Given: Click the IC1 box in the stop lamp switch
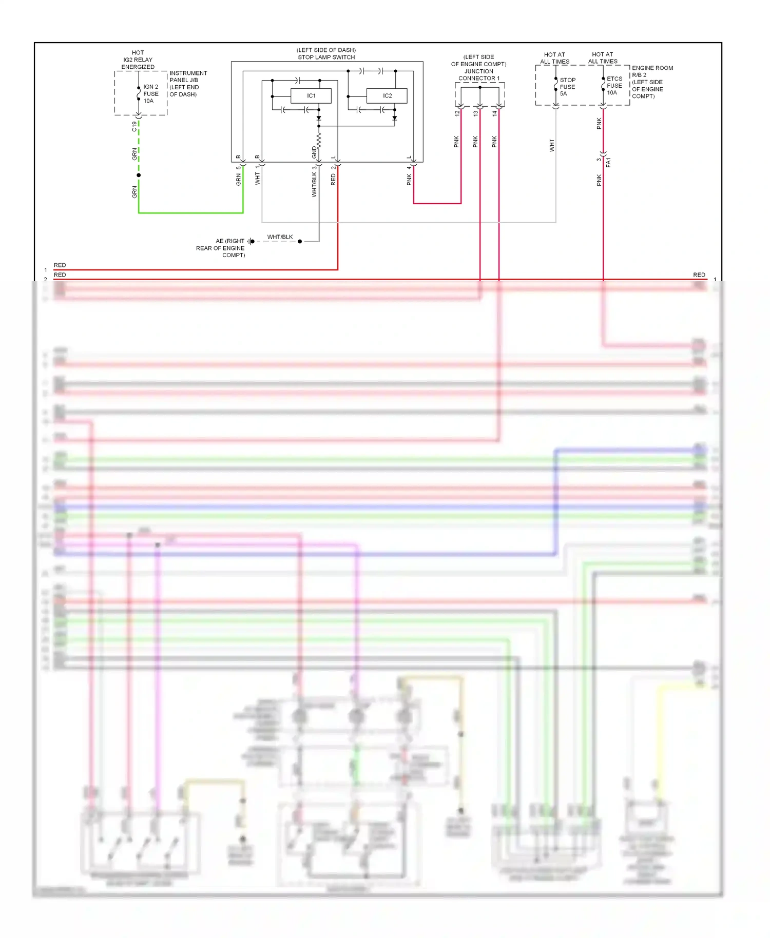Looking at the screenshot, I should (x=311, y=96).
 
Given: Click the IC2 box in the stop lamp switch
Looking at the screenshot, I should (x=387, y=96).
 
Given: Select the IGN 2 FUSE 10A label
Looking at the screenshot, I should (x=151, y=94).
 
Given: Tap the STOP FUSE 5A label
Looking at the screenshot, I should (x=567, y=87).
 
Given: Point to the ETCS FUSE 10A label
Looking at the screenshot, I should (x=614, y=86).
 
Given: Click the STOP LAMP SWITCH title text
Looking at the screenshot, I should (x=326, y=57).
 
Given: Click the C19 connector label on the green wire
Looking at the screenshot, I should (x=134, y=126).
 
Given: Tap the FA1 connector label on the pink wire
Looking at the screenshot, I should (x=608, y=163).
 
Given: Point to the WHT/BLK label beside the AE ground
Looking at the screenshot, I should (x=280, y=237).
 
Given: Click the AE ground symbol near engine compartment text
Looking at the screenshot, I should (x=251, y=241).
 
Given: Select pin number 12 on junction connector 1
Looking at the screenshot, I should (x=457, y=113).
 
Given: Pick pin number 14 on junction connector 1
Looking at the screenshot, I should (x=495, y=113).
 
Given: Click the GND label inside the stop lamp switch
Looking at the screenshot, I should (x=314, y=152).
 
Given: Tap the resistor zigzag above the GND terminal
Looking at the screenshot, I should (x=319, y=140).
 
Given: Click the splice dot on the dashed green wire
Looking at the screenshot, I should (x=139, y=175).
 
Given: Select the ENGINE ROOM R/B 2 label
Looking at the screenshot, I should (x=652, y=71).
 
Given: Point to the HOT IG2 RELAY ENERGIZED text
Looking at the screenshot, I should (x=138, y=60).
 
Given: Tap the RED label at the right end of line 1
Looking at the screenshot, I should (x=699, y=275).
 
